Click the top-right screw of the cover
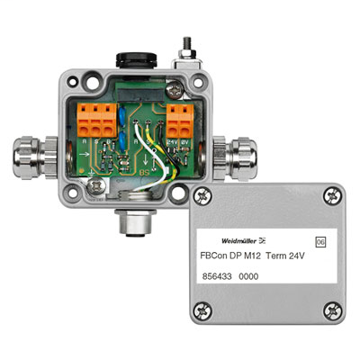pyautogui.click(x=335, y=193)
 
